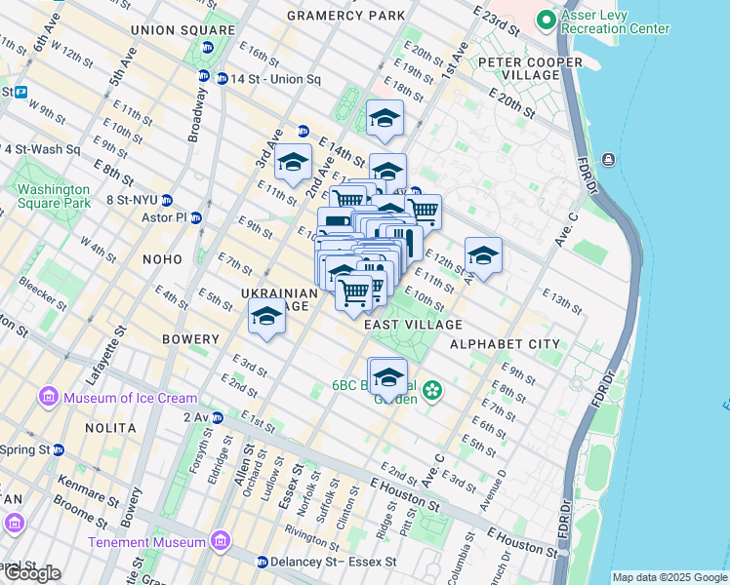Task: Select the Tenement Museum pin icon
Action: click(x=222, y=541)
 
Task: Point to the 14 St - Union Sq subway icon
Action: click(x=204, y=77)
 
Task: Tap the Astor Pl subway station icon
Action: click(x=195, y=217)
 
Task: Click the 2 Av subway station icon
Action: click(x=218, y=417)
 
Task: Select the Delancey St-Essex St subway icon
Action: click(x=262, y=563)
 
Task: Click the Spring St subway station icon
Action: click(x=59, y=449)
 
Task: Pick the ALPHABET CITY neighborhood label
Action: click(x=505, y=344)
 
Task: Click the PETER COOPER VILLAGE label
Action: click(x=530, y=62)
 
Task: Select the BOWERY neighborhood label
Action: click(x=191, y=339)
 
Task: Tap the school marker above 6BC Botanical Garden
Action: click(x=388, y=376)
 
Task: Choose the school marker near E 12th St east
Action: click(x=483, y=256)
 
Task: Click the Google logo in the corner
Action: click(x=32, y=573)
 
